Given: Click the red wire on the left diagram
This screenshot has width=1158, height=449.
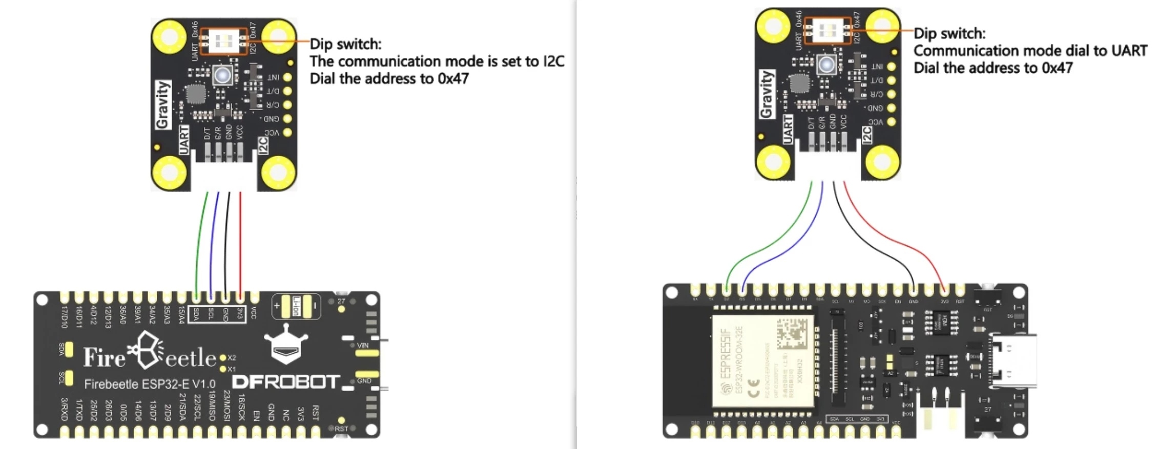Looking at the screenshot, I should click(240, 241).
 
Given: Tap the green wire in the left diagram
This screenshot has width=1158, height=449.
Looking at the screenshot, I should click(198, 241).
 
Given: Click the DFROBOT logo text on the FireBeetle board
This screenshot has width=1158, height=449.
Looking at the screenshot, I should click(285, 382).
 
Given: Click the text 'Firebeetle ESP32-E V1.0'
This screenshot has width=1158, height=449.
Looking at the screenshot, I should click(150, 384).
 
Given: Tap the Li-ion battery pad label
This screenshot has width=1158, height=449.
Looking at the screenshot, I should click(296, 306).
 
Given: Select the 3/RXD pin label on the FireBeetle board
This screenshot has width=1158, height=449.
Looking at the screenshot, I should click(64, 410).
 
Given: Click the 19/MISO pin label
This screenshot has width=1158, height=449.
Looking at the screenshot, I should click(212, 406).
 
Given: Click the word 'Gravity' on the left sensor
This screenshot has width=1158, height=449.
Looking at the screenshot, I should click(162, 104).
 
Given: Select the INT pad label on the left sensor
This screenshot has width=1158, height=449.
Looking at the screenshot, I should click(273, 77).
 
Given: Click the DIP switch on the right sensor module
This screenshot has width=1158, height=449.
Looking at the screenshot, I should click(826, 30).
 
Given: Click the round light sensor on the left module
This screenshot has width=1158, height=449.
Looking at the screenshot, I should click(222, 75).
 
